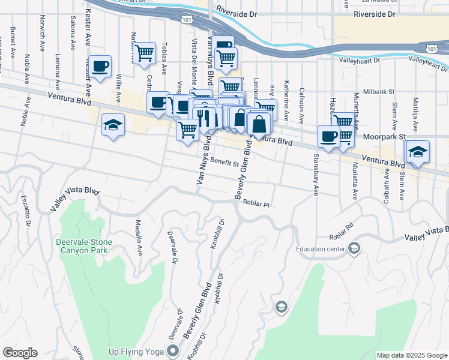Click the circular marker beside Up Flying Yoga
tap(174, 350)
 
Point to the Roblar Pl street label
tap(257, 204)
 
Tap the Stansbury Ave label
tap(315, 175)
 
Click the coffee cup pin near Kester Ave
tap(101, 67)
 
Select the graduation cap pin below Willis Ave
tap(113, 125)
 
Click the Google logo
tap(20, 353)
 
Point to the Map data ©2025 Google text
tap(411, 355)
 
